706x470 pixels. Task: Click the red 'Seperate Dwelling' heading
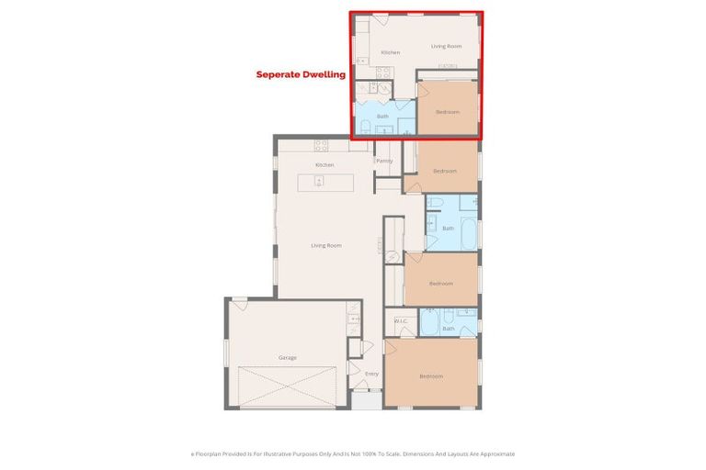coord(300,74)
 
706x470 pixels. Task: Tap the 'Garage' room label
coord(288,357)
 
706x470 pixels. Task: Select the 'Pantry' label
coord(384,161)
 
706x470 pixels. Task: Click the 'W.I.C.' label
coord(401,320)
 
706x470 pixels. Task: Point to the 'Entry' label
coord(371,374)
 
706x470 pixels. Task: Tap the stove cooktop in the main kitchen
coord(322,145)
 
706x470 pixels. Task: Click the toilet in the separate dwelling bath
coord(365,127)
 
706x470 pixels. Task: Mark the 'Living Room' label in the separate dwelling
coord(446,46)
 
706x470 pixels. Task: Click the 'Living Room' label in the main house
coord(325,245)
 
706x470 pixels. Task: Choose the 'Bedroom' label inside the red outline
coord(447,112)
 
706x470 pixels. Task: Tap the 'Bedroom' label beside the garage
coord(431,376)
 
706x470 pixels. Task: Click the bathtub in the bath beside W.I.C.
coord(430,324)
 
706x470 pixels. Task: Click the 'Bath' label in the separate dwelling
coord(382,117)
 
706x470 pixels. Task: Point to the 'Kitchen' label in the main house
coord(324,164)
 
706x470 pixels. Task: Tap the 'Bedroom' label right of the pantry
coord(445,171)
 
